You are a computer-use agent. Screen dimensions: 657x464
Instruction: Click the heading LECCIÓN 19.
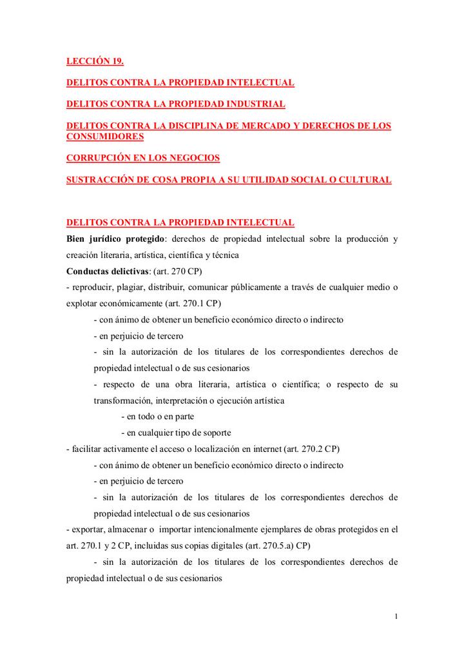(x=95, y=62)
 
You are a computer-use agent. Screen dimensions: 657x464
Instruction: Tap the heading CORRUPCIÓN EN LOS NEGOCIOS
(x=143, y=158)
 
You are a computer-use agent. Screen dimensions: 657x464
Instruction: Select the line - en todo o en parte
(x=158, y=417)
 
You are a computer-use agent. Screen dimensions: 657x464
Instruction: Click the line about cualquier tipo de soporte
(x=176, y=433)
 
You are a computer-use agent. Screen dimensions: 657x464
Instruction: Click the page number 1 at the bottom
(x=396, y=618)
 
